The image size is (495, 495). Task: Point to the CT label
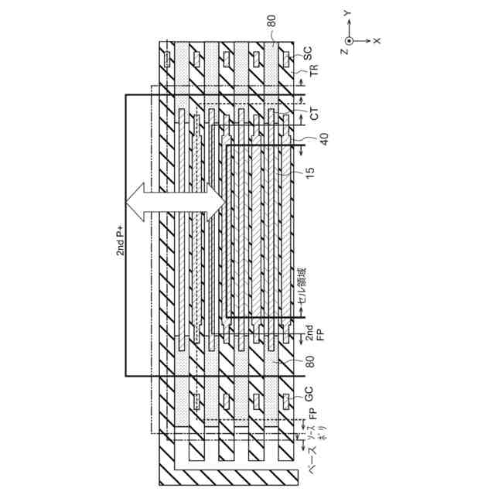click(314, 114)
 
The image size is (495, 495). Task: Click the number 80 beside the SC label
click(271, 24)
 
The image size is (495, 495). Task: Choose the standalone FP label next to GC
click(313, 417)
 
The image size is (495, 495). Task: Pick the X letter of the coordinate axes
click(376, 39)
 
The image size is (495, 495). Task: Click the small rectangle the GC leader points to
click(286, 401)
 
